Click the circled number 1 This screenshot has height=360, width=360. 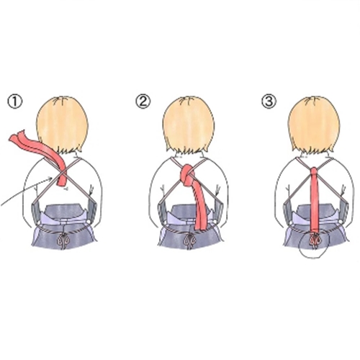[x=15, y=102]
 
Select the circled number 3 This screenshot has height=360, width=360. [x=269, y=101]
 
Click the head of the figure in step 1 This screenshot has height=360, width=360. [x=63, y=125]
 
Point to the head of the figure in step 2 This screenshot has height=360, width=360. [x=189, y=125]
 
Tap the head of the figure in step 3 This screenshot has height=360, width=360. [x=314, y=125]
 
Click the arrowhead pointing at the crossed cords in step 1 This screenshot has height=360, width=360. [x=50, y=179]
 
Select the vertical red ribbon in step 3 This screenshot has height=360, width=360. [x=315, y=204]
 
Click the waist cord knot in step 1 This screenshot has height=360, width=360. [x=63, y=240]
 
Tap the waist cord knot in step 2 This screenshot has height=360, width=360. [x=189, y=240]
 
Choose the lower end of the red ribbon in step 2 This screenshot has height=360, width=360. [x=199, y=227]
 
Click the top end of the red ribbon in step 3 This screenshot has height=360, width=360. [x=315, y=170]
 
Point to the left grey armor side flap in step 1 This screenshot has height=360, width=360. [x=36, y=212]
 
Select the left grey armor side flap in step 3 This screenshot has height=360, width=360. [x=288, y=212]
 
